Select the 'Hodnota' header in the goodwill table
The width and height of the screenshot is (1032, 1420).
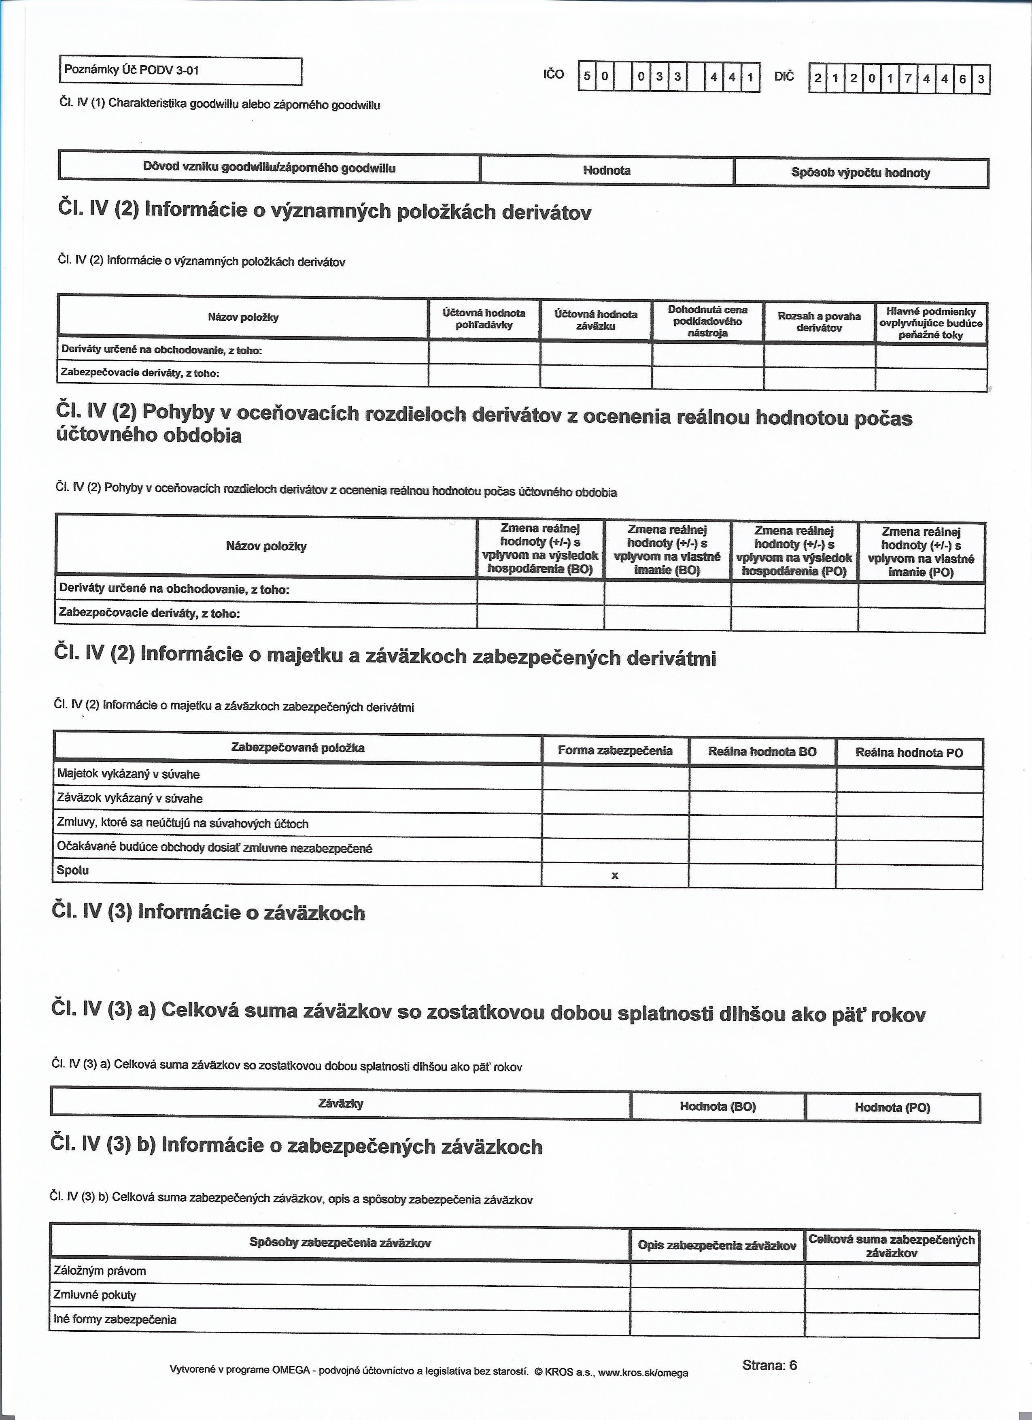[x=606, y=170]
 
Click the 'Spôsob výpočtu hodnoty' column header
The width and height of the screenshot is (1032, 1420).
[x=860, y=173]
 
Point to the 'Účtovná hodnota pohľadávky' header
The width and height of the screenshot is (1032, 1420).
[x=484, y=319]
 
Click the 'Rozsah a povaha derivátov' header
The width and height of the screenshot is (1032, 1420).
[x=819, y=322]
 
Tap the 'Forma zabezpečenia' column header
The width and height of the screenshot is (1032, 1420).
[x=615, y=751]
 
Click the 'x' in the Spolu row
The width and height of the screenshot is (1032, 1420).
[x=615, y=876]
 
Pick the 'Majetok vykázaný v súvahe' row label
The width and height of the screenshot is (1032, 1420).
[x=128, y=775]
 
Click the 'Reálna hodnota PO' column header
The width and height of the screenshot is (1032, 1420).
[x=909, y=753]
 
